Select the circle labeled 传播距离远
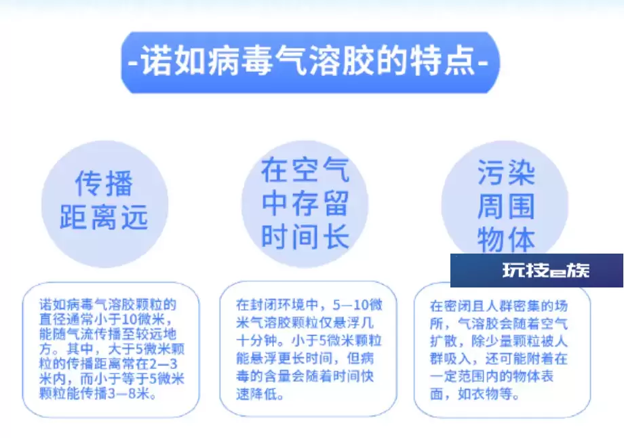(x=104, y=204)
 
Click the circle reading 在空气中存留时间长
(x=305, y=204)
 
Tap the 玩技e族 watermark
(x=545, y=271)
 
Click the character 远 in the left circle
(x=135, y=218)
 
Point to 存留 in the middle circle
(x=320, y=203)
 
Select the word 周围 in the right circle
(x=506, y=207)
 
